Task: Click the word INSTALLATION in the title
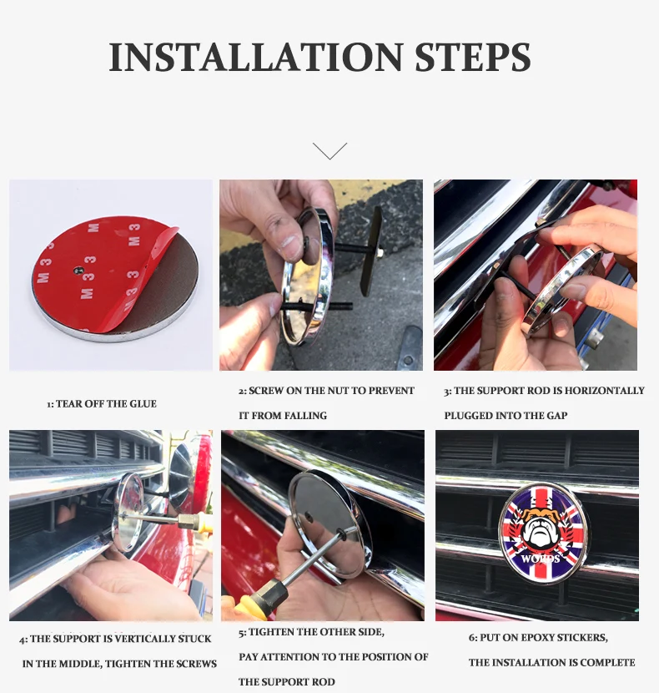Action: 256,57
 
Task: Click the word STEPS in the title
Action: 473,57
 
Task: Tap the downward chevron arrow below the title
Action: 329,151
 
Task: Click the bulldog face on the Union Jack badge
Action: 541,529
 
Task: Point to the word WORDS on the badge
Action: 541,559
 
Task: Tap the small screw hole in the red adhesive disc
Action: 78,270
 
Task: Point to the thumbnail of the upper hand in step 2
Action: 289,242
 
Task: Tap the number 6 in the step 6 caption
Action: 471,638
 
